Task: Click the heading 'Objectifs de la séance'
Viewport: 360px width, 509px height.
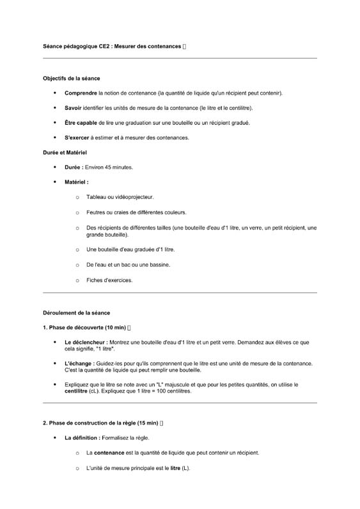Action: (x=71, y=78)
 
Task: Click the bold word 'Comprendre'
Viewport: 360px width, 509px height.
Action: (x=81, y=93)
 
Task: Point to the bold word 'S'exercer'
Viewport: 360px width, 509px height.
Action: (x=77, y=137)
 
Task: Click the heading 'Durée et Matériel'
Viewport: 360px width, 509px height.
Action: (x=65, y=153)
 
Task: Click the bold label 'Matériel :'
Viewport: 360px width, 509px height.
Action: (x=77, y=182)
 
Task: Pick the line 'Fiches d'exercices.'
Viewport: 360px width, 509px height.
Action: (x=109, y=279)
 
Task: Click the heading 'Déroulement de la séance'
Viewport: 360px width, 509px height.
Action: (x=76, y=313)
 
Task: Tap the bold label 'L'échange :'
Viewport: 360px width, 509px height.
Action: (x=79, y=363)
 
